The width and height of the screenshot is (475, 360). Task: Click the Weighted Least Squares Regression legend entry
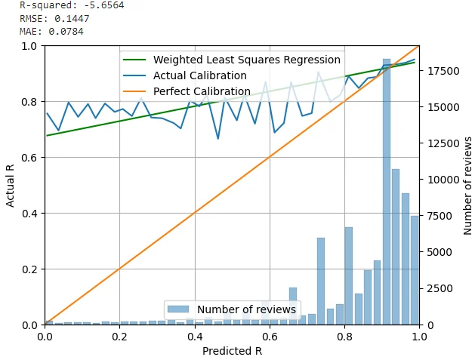pos(246,60)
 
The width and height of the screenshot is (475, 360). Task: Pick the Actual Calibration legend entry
pos(199,75)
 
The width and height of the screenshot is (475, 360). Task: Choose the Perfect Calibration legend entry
pos(202,91)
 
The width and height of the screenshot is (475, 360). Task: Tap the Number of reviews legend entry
pos(246,309)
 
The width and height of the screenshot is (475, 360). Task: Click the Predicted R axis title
pos(232,351)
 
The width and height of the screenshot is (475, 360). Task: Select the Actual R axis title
pos(11,186)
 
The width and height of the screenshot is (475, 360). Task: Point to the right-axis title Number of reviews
pos(468,186)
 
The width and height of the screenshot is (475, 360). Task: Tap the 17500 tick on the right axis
pos(440,71)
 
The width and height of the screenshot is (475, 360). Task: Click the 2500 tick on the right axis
pos(436,288)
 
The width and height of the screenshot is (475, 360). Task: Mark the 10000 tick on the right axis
pos(440,180)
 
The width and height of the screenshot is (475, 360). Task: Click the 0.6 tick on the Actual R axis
pos(29,158)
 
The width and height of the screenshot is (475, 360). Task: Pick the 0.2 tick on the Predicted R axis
pos(119,337)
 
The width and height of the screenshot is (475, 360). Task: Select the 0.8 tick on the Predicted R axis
pos(344,337)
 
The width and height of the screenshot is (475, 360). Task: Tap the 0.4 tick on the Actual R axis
pos(29,214)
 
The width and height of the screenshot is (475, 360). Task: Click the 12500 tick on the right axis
pos(440,143)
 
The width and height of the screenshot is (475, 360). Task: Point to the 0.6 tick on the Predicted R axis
pos(270,337)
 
